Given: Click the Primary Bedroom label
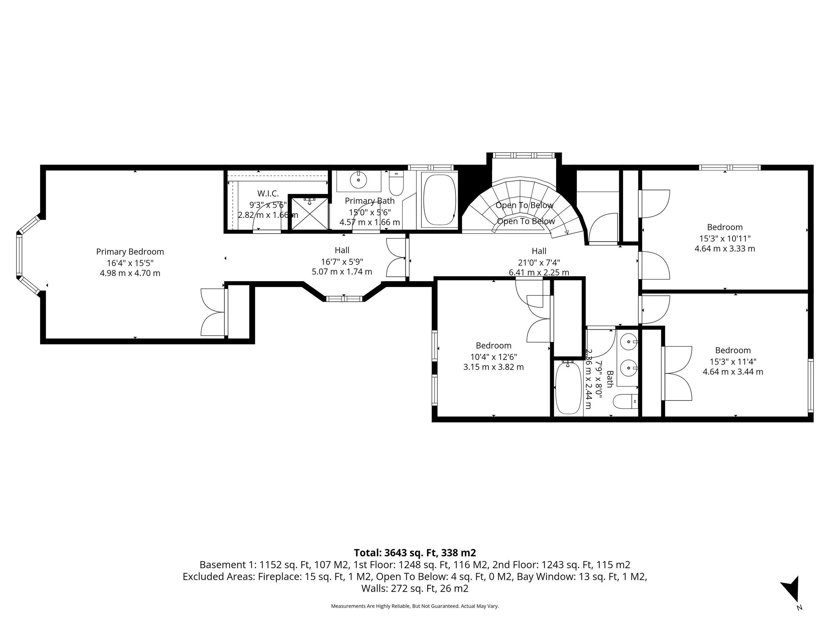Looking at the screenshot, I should [x=130, y=252].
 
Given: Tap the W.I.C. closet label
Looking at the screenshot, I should [x=268, y=194].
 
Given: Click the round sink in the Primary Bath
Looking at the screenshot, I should [x=358, y=180].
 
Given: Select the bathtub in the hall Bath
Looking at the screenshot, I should [x=568, y=388].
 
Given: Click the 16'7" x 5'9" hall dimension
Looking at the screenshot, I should [x=342, y=262].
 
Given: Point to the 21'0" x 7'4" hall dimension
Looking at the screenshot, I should [x=539, y=263].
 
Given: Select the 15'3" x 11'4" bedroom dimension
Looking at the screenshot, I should [x=732, y=362].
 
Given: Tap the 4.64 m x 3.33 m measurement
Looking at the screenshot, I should [x=724, y=249].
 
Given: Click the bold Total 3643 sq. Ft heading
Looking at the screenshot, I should [x=415, y=553].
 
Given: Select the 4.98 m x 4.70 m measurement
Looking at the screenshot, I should [x=130, y=273].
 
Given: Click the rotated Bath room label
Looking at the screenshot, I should [x=610, y=379].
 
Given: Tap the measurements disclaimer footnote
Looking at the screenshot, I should [x=415, y=606].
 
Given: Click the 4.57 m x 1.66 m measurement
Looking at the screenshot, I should [x=370, y=222].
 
